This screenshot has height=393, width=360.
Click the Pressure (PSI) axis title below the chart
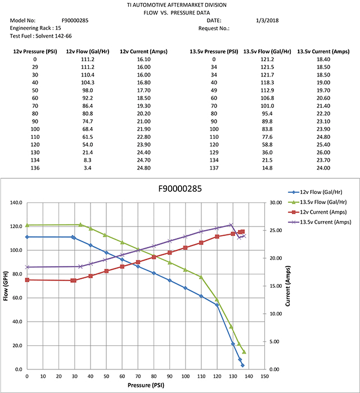click(146, 385)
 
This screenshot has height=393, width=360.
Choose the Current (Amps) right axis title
click(287, 286)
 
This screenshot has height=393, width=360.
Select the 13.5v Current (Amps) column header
click(323, 51)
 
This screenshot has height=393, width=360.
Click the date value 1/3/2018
click(268, 20)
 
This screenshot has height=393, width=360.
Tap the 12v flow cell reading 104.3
click(88, 82)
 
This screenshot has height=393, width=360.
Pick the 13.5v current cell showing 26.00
click(323, 152)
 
